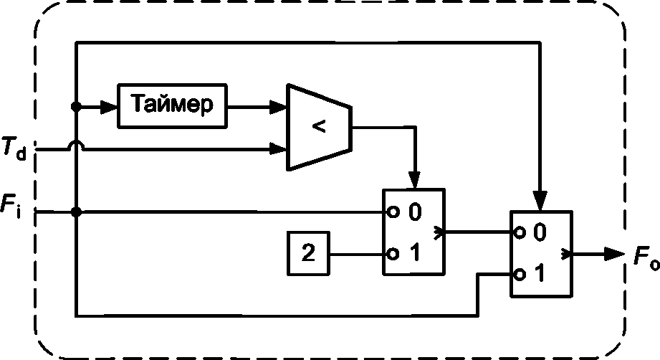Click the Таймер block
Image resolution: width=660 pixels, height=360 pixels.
coord(172,105)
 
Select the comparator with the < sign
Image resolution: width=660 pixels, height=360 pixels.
coord(319,127)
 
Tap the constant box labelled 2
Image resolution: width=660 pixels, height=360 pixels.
coord(308,253)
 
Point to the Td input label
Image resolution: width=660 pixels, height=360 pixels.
coord(14,148)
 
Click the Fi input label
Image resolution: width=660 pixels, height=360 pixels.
coord(11,206)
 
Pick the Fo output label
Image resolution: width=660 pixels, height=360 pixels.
coord(646,256)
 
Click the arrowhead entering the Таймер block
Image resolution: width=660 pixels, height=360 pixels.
coord(109,107)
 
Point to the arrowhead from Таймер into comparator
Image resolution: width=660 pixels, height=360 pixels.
coord(278,107)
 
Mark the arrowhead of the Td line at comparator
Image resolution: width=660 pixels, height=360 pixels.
coord(278,148)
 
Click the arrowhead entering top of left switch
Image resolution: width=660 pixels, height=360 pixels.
coord(415,180)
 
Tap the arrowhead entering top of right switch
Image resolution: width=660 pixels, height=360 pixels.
coord(540,200)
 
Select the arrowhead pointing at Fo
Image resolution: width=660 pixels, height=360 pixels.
coord(615,254)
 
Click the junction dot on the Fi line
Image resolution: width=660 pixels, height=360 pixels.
coord(76,212)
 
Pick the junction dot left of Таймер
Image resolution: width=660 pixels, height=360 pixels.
coord(76,107)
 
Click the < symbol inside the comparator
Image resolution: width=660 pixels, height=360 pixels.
coord(319,126)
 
